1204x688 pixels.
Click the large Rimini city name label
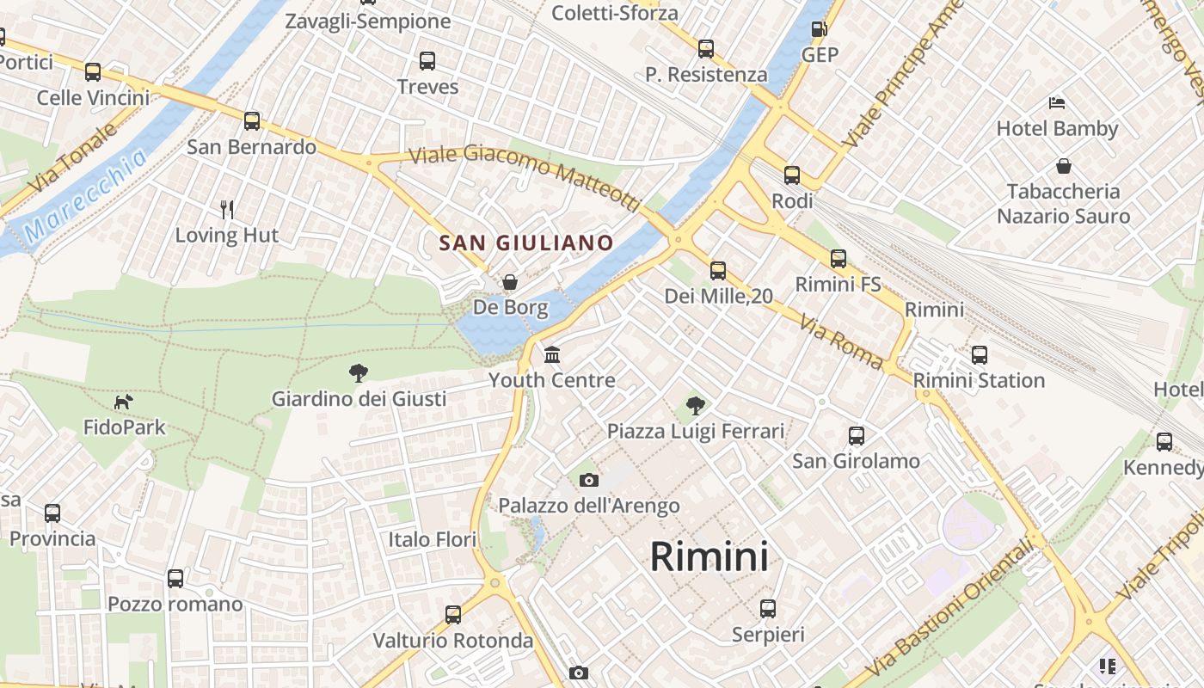tap(709, 556)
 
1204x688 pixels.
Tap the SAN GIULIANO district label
tap(526, 243)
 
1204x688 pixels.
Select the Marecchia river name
tap(86, 194)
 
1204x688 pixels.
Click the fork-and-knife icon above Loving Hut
tap(227, 209)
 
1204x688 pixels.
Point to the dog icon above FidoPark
tap(124, 402)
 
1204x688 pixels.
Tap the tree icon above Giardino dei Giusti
tap(359, 372)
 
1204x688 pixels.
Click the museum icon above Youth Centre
tap(552, 354)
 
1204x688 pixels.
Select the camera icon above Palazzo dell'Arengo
tap(589, 480)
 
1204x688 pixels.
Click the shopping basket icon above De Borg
tap(510, 282)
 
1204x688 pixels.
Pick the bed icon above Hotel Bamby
tap(1057, 103)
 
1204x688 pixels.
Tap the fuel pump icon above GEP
tap(820, 29)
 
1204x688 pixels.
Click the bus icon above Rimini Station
tap(979, 354)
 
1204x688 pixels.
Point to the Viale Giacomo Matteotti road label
tap(525, 175)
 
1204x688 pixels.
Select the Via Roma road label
tap(840, 341)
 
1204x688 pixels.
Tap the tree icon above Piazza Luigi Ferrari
tap(696, 405)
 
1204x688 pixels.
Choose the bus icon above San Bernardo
tap(252, 121)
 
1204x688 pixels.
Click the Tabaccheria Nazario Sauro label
tap(1063, 203)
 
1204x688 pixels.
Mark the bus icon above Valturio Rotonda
tap(453, 615)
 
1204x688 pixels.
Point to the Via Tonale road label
tap(72, 158)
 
